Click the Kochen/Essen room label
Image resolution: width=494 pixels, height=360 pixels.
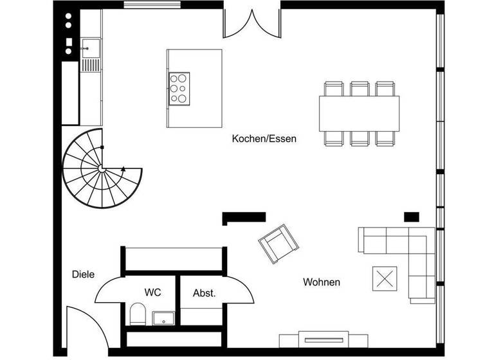pyautogui.click(x=264, y=138)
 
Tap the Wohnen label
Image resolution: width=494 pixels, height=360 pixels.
pyautogui.click(x=322, y=282)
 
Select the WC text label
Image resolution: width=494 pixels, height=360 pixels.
pyautogui.click(x=152, y=292)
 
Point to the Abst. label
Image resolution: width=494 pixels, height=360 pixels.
pyautogui.click(x=204, y=292)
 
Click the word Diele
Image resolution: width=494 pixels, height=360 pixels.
pyautogui.click(x=83, y=274)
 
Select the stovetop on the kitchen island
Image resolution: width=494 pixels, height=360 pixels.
pyautogui.click(x=179, y=89)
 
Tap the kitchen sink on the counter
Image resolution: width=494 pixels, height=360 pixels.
pyautogui.click(x=89, y=46)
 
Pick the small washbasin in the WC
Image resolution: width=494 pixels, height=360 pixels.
pyautogui.click(x=163, y=318)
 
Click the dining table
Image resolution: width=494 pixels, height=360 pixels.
pyautogui.click(x=359, y=113)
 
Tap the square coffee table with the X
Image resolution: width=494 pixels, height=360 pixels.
pyautogui.click(x=385, y=279)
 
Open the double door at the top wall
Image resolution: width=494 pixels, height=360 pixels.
pyautogui.click(x=252, y=22)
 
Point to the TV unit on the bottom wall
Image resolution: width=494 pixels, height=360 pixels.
pyautogui.click(x=323, y=339)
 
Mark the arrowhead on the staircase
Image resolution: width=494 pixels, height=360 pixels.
pyautogui.click(x=122, y=169)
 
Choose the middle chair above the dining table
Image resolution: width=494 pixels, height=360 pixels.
pyautogui.click(x=359, y=88)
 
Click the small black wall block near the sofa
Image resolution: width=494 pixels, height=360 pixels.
pyautogui.click(x=411, y=216)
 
